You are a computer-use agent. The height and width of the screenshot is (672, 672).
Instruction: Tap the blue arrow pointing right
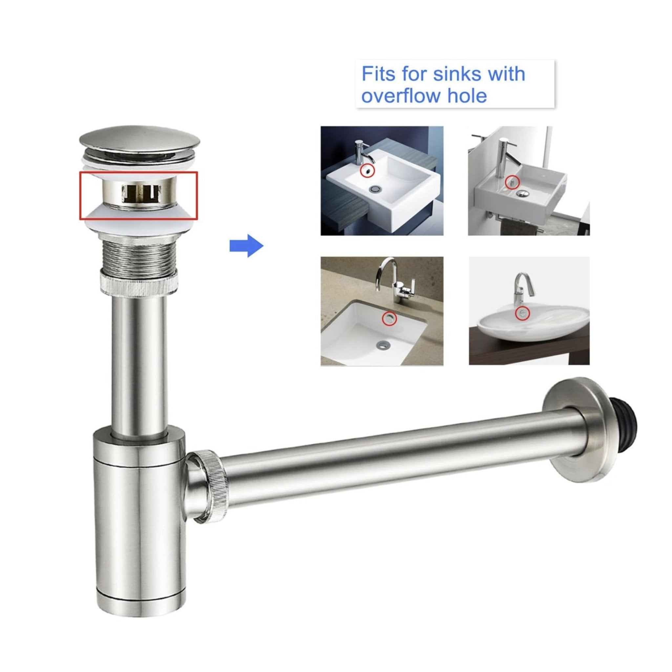[x=247, y=246]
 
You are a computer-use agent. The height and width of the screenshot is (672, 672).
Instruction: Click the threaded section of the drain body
[x=139, y=255]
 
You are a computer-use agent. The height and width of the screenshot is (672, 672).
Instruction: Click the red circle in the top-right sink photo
[x=512, y=182]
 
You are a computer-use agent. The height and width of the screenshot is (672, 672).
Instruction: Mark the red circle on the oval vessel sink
[x=522, y=313]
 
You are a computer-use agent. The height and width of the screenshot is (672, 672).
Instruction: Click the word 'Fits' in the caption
[x=378, y=74]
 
